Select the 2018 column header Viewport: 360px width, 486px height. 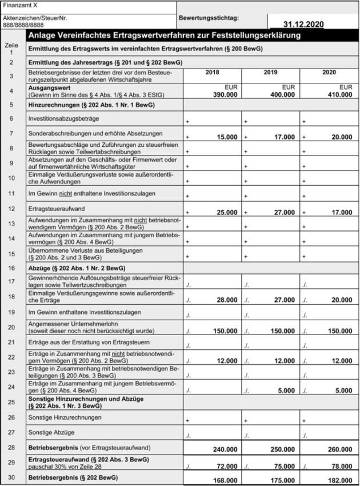pos(211,73)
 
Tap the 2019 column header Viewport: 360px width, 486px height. pos(270,73)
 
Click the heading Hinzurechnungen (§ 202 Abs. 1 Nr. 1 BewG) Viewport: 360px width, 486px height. pos(92,105)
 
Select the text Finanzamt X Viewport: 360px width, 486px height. pos(21,5)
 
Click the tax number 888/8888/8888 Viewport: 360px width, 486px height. pos(23,26)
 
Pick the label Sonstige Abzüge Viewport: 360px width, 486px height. pos(53,434)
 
